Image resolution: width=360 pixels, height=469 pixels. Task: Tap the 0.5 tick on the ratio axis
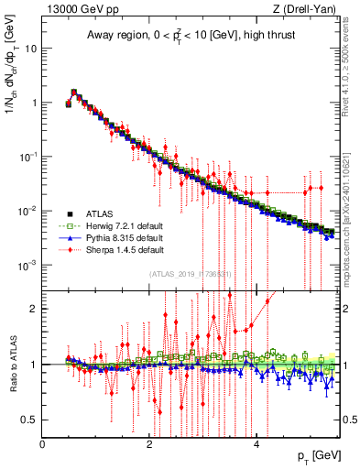(29, 420)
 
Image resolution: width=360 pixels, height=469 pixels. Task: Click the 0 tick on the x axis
(42, 444)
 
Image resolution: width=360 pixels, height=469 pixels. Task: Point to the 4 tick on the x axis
(256, 444)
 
